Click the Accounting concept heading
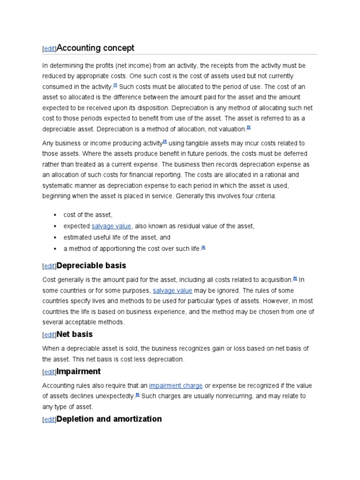point(95,48)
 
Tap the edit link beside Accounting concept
point(49,49)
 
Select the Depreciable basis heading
point(91,266)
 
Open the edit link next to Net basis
point(49,335)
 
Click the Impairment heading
point(78,371)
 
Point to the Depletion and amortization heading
point(109,419)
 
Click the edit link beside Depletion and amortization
point(49,420)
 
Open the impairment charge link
point(176,386)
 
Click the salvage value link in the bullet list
point(112,226)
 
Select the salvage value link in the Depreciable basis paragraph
point(172,291)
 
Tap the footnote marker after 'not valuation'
point(249,127)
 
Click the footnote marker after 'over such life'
point(203,247)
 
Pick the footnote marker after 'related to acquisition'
point(295,278)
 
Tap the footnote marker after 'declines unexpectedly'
point(137,395)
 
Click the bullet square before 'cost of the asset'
point(55,215)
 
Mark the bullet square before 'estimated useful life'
point(55,238)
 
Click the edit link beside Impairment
point(49,372)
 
